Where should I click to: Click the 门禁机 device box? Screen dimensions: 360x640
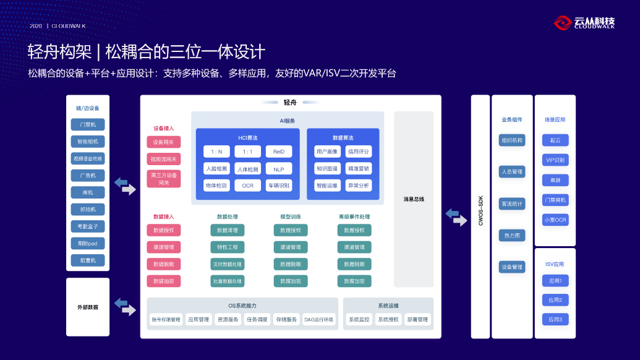[88, 124]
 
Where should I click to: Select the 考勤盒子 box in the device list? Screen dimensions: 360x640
[88, 226]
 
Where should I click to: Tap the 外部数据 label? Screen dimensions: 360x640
[88, 307]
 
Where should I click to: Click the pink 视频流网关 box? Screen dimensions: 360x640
[164, 159]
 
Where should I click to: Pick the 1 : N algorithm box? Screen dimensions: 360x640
[216, 152]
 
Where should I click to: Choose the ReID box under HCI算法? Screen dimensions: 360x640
[279, 152]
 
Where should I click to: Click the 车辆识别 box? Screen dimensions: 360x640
[279, 185]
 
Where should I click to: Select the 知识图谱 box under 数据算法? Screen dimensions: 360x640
[327, 168]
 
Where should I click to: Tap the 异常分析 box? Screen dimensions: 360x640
[359, 185]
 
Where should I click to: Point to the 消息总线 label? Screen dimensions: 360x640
[414, 199]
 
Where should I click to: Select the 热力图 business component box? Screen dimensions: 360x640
[512, 235]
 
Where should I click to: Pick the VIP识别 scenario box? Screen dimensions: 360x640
[555, 160]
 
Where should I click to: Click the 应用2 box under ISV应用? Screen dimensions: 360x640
[555, 300]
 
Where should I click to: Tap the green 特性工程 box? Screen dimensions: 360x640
[228, 247]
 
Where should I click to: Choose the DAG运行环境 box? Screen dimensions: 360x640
[318, 320]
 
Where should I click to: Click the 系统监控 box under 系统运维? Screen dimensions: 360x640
[359, 320]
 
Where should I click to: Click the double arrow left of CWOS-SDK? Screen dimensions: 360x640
[456, 217]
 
